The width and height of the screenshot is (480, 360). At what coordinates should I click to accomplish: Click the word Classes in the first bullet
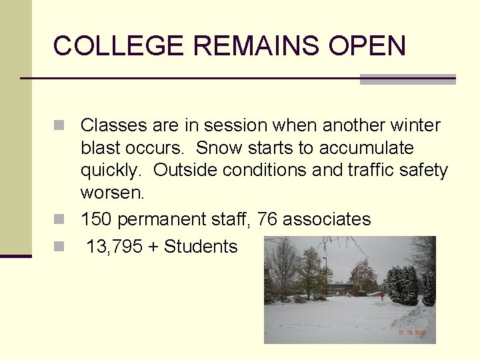[x=113, y=125]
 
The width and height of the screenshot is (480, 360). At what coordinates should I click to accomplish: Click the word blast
[x=99, y=148]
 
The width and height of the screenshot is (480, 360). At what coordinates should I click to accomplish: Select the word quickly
[x=111, y=171]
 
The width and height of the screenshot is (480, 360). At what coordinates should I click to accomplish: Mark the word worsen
[x=112, y=193]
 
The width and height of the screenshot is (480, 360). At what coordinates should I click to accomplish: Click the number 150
[x=96, y=219]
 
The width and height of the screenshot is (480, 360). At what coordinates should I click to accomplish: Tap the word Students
[x=201, y=247]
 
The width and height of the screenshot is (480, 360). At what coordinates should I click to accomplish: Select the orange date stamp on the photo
[x=412, y=333]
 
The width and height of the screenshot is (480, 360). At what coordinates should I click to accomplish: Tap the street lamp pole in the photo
[x=325, y=273]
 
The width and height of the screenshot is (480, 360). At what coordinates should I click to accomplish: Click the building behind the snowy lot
[x=340, y=289]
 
